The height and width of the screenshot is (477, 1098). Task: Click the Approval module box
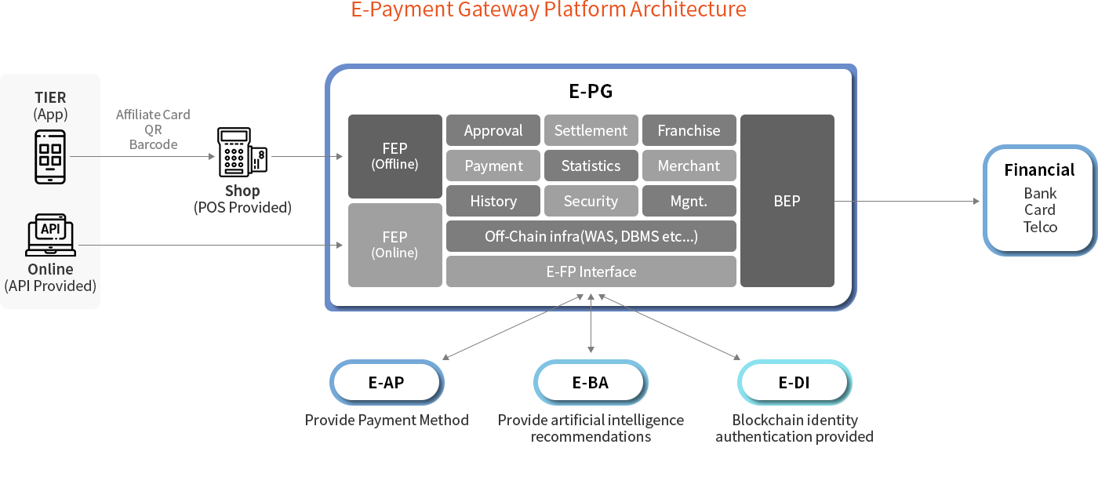[x=493, y=130]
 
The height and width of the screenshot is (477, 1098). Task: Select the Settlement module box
[x=591, y=130]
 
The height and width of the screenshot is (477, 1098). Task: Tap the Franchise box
[x=689, y=130]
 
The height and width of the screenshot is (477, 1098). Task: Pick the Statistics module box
[x=591, y=166]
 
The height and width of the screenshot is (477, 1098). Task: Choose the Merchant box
[x=689, y=166]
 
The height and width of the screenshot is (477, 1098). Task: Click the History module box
[x=493, y=201]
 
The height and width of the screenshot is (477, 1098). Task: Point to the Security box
[x=591, y=201]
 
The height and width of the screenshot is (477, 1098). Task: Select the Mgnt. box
[x=689, y=201]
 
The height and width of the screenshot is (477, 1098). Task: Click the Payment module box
[x=493, y=166]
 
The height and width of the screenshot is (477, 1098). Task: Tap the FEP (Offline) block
[x=395, y=156]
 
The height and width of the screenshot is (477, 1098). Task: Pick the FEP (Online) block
[x=395, y=245]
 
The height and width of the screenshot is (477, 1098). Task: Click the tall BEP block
[x=787, y=201]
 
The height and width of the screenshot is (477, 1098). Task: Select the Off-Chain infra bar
[x=591, y=236]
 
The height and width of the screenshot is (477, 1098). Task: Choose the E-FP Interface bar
[x=591, y=271]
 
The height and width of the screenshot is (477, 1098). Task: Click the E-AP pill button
[x=386, y=383]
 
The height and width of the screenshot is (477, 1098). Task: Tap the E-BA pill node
[x=591, y=383]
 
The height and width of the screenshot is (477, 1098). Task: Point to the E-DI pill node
[x=794, y=383]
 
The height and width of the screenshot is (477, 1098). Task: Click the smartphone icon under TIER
[x=50, y=157]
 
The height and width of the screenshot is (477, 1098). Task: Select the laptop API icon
[x=50, y=235]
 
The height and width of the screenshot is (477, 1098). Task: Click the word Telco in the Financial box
[x=1040, y=227]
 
